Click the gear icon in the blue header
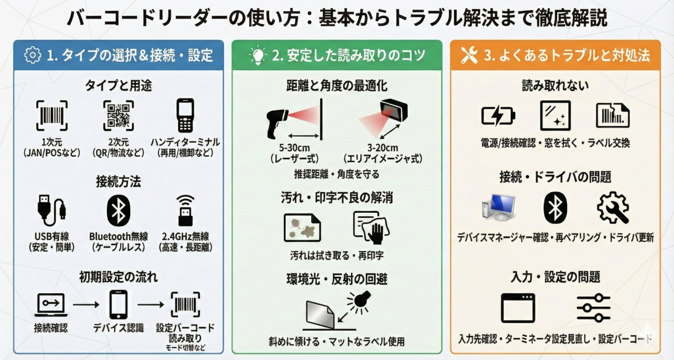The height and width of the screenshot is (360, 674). [33, 55]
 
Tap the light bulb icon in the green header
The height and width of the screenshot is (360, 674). [258, 56]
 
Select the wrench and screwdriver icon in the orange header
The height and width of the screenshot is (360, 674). [469, 55]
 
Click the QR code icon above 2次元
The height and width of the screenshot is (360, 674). [119, 116]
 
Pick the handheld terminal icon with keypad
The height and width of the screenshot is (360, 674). [185, 116]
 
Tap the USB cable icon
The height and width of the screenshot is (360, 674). [51, 210]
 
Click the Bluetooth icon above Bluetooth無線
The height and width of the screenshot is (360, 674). [119, 211]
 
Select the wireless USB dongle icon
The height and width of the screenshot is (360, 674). [185, 211]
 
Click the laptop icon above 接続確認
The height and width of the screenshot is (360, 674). [51, 305]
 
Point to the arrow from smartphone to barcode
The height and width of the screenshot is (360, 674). [151, 304]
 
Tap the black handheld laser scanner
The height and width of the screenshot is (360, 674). [277, 124]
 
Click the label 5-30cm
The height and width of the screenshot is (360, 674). [294, 148]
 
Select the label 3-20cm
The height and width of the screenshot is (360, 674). [382, 148]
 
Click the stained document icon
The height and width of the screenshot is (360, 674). [302, 227]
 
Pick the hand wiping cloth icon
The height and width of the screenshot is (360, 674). [371, 227]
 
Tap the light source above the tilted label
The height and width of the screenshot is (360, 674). [359, 302]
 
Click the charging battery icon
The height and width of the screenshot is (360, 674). [498, 116]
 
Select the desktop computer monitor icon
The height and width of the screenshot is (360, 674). [499, 208]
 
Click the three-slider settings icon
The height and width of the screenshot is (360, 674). [593, 308]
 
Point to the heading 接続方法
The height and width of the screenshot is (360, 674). [119, 181]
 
